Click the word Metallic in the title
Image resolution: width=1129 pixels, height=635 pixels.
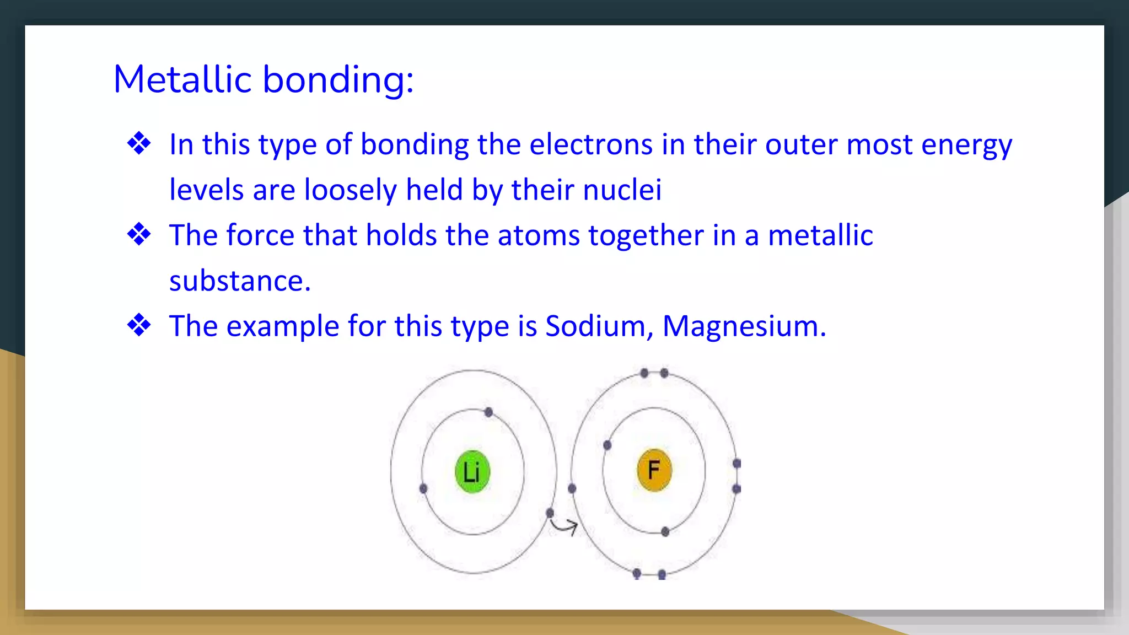click(x=182, y=79)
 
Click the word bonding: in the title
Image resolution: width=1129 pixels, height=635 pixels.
click(x=338, y=80)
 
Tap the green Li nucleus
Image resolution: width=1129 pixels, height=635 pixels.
click(x=472, y=472)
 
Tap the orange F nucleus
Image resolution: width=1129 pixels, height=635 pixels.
click(x=654, y=470)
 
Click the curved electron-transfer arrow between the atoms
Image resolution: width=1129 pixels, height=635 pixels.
click(x=564, y=527)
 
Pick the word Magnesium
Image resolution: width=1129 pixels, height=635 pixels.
click(x=744, y=326)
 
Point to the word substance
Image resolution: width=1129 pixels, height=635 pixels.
click(x=239, y=281)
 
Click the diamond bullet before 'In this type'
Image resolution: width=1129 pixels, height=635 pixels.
click(x=139, y=144)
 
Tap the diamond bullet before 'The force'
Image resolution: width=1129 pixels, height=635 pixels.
click(x=139, y=235)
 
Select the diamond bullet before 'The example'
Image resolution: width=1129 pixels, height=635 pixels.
click(x=139, y=325)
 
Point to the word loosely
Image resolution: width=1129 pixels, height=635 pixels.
click(x=350, y=190)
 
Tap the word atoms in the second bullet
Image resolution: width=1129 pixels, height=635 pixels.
click(x=539, y=235)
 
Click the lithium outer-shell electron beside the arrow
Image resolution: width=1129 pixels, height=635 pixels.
click(x=550, y=513)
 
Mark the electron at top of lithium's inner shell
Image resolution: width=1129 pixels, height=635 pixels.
click(x=488, y=412)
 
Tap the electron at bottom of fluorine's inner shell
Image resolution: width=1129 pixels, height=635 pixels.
click(x=665, y=532)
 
